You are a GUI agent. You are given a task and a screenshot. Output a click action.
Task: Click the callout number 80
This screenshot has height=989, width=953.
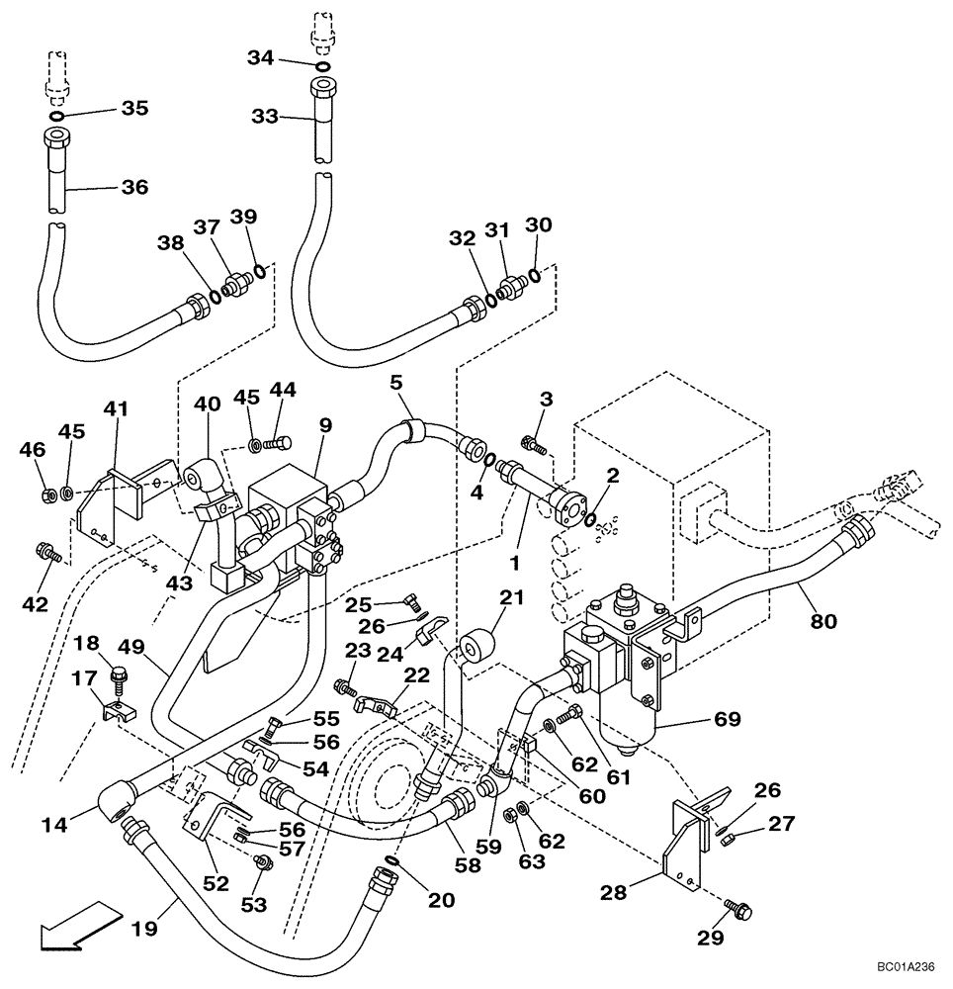pyautogui.click(x=823, y=621)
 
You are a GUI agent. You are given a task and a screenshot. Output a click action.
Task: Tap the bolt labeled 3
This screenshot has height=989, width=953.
pyautogui.click(x=533, y=446)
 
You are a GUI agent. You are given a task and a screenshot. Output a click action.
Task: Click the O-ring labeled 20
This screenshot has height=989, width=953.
pyautogui.click(x=392, y=863)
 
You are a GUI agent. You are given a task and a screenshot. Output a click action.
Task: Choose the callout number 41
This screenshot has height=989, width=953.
pyautogui.click(x=118, y=407)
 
